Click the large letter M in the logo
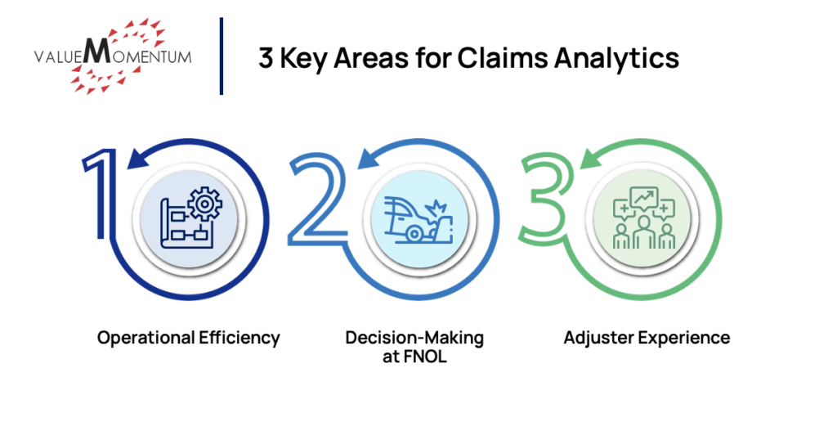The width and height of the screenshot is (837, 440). [x=95, y=55]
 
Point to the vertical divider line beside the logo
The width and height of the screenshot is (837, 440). [x=222, y=56]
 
